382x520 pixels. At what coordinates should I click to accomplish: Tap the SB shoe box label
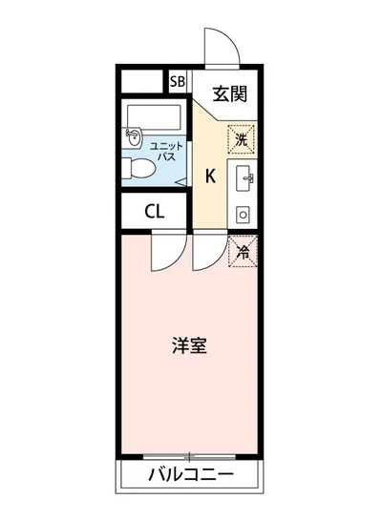click(178, 81)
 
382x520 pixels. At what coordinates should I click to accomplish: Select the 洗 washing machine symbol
click(241, 139)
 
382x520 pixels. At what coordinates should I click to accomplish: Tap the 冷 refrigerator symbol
click(242, 252)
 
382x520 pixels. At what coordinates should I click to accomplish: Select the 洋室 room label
click(189, 346)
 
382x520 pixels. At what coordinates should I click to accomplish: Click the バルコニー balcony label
click(191, 474)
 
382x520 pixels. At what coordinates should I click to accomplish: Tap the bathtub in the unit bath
click(153, 116)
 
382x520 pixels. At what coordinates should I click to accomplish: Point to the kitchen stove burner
click(242, 215)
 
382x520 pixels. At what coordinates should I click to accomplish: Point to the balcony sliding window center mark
click(190, 456)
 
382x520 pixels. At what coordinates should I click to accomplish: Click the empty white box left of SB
click(143, 81)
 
